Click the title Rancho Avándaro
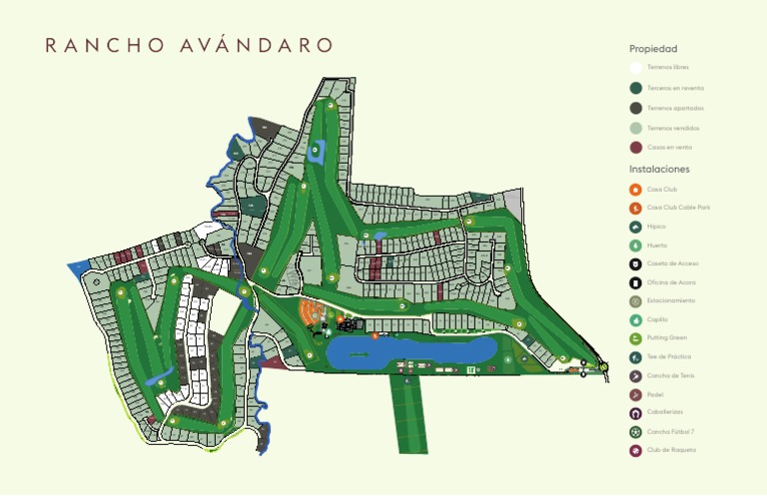coord(189,46)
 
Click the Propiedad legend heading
coord(653,49)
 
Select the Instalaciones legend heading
coord(659,170)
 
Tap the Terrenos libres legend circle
coord(636,68)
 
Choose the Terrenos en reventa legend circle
coord(636,88)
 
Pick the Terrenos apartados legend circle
coord(636,108)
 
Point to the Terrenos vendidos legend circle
coord(636,128)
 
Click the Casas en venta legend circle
coord(636,148)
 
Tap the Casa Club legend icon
coord(636,190)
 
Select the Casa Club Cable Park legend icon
coord(636,208)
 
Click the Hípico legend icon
coord(636,227)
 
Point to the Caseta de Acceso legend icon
coord(636,264)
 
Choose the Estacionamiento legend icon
coord(636,301)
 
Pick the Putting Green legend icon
coord(636,338)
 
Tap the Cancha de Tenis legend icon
coord(636,376)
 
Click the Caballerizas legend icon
coord(636,413)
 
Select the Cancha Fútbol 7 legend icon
coord(636,432)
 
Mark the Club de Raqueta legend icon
coord(636,450)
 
